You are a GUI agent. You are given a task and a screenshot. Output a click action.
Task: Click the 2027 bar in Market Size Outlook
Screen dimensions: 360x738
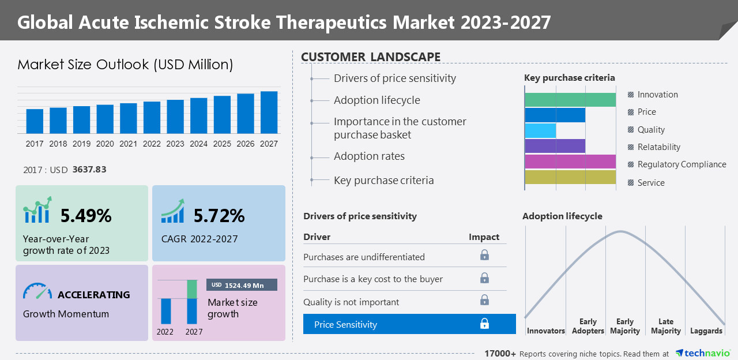(269, 112)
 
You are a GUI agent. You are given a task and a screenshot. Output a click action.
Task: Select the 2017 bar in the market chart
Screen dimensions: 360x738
(35, 121)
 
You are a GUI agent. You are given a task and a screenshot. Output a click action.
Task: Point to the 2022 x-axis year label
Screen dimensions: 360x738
(152, 144)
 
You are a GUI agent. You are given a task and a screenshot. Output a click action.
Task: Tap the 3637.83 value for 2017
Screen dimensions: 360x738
(89, 170)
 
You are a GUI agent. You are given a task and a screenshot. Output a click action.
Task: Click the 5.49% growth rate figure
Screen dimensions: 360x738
(86, 216)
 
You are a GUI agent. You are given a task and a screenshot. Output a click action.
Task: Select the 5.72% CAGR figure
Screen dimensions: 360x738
(219, 216)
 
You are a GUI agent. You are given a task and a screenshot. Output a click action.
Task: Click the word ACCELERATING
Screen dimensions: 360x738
(93, 295)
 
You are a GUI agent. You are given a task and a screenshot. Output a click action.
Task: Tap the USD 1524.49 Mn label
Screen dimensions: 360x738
(242, 285)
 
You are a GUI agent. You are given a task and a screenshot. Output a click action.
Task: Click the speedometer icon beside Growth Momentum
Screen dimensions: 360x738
(37, 291)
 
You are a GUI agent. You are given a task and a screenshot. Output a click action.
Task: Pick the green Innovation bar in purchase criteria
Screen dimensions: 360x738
(570, 99)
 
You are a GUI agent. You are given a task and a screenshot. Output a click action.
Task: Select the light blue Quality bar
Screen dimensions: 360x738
(540, 130)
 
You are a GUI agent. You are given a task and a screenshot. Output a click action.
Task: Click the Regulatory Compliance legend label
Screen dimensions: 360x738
(681, 164)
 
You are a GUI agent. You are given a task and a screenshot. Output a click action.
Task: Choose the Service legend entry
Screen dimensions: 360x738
(651, 183)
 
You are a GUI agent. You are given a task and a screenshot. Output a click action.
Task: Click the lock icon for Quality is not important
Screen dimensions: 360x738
(484, 300)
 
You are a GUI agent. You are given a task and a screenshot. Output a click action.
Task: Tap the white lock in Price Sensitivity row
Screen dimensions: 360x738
(484, 324)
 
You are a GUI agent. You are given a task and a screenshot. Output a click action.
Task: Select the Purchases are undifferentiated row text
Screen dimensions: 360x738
(364, 257)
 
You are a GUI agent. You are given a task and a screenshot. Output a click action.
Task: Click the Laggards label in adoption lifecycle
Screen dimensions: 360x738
(706, 331)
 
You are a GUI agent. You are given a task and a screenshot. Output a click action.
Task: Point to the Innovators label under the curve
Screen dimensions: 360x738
(546, 331)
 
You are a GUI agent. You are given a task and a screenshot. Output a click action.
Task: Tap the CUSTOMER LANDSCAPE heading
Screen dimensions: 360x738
(371, 57)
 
